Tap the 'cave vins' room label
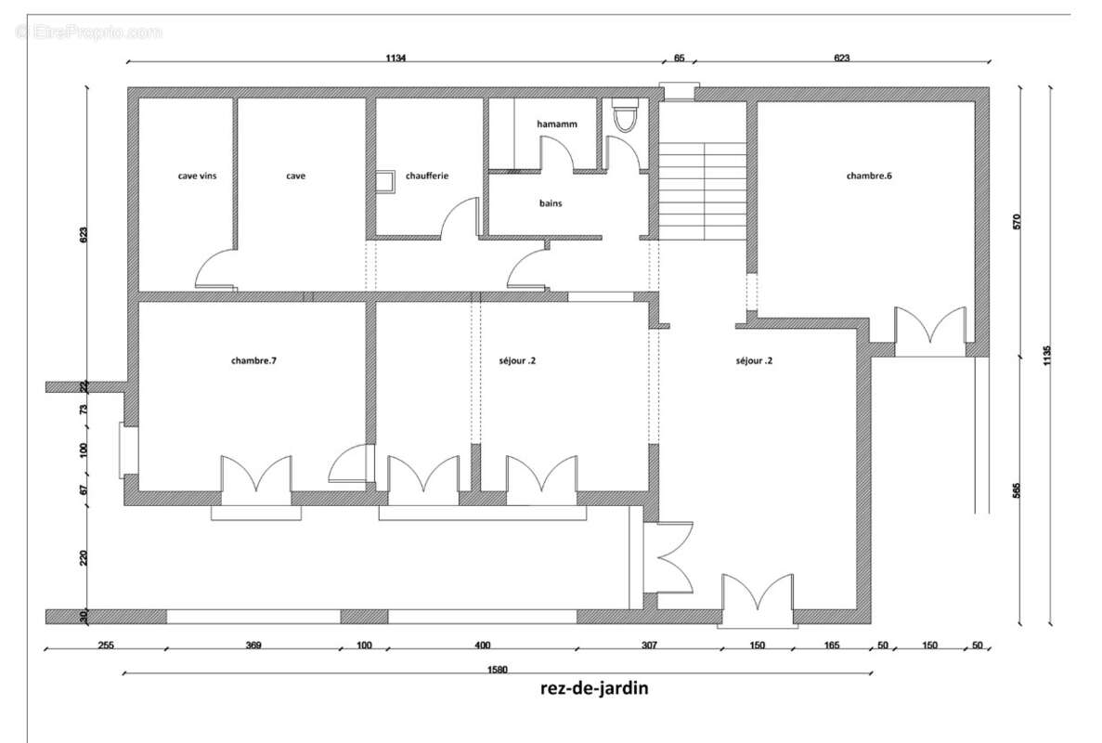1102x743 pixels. pos(198,176)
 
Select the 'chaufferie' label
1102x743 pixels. pos(427,176)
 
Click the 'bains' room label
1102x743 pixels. pos(551,202)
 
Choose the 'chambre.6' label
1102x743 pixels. pos(868,176)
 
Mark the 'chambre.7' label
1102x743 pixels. pos(253,360)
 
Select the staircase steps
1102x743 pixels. pos(703,190)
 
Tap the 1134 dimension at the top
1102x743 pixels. pos(396,58)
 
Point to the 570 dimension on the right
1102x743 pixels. pos(1017,222)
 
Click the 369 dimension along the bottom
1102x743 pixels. pos(253,645)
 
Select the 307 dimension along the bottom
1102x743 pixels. pos(648,645)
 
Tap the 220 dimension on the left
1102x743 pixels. pos(84,557)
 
